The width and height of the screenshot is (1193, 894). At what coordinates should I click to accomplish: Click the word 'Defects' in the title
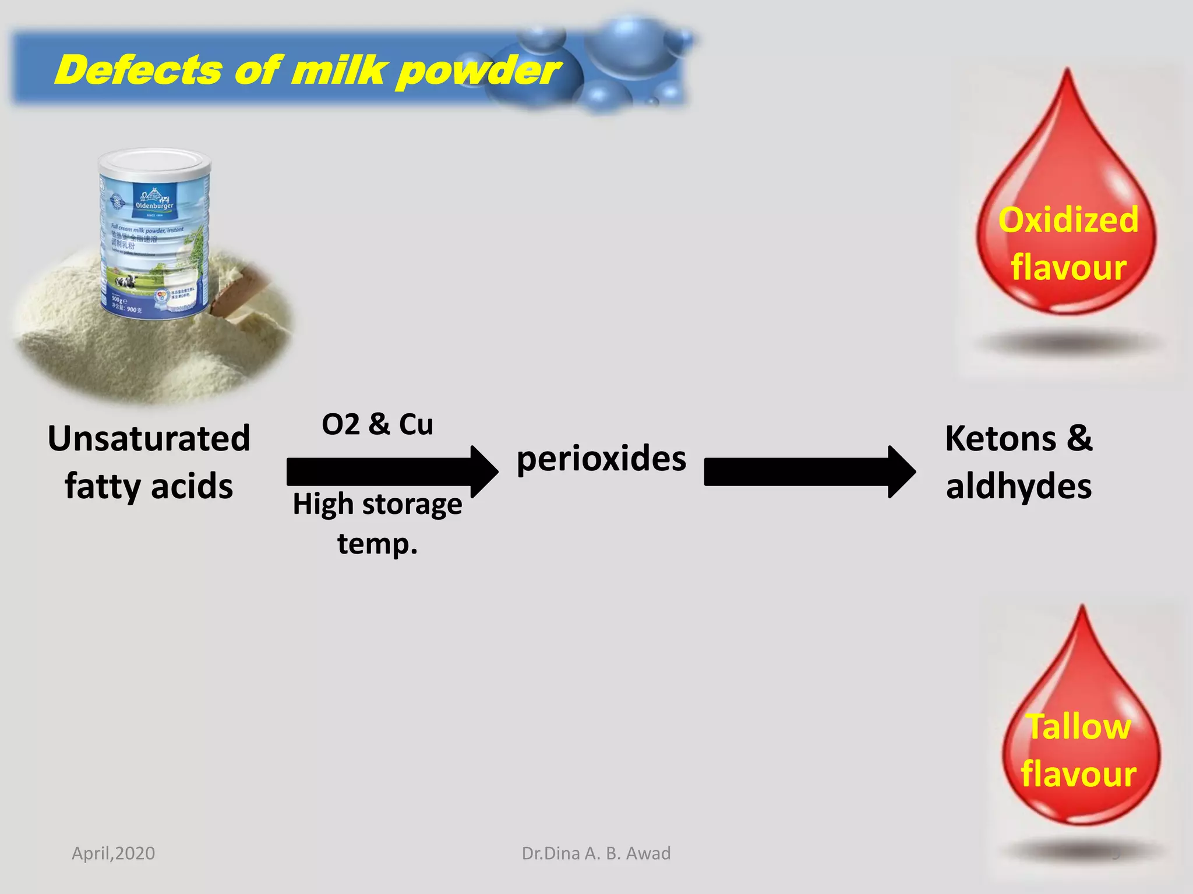pyautogui.click(x=138, y=70)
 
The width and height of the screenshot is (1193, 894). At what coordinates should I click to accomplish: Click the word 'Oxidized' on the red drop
pyautogui.click(x=1068, y=220)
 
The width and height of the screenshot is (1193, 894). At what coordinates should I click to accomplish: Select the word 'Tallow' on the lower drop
pyautogui.click(x=1078, y=726)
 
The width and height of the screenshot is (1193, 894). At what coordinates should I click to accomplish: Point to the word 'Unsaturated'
pyautogui.click(x=149, y=438)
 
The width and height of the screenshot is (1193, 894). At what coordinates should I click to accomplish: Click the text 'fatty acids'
pyautogui.click(x=149, y=487)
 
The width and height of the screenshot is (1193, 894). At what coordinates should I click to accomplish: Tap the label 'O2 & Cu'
pyautogui.click(x=377, y=424)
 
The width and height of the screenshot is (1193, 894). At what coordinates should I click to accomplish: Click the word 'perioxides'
pyautogui.click(x=601, y=459)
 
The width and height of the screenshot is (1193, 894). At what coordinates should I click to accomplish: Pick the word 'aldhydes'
pyautogui.click(x=1018, y=487)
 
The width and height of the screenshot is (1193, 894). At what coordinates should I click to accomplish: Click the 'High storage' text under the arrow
pyautogui.click(x=377, y=504)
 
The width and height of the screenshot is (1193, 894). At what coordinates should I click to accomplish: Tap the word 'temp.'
pyautogui.click(x=377, y=544)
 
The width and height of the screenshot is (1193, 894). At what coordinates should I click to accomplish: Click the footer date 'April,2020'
pyautogui.click(x=113, y=853)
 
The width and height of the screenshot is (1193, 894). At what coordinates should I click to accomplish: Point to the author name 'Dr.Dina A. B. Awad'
pyautogui.click(x=596, y=853)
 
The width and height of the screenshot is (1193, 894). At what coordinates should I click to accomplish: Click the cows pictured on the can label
pyautogui.click(x=126, y=282)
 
